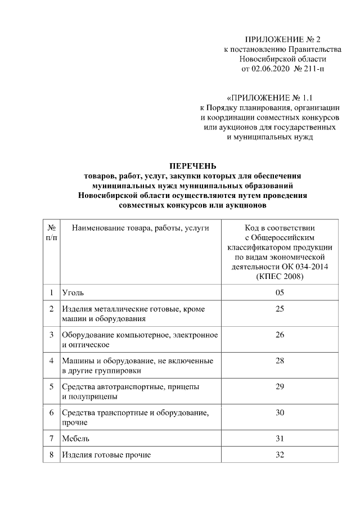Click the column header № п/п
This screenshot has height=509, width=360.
coord(51,233)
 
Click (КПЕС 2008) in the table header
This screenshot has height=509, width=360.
coord(280,277)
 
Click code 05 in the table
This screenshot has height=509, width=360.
coord(280,292)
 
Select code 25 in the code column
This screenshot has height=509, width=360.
coord(280,309)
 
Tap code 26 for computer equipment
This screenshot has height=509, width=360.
coord(280,335)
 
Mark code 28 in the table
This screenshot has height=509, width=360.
coord(280,361)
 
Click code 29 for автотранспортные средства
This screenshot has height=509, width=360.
coord(280,386)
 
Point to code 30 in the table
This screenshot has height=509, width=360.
coord(280,412)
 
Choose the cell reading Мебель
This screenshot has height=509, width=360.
coord(76,438)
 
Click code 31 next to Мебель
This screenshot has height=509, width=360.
coord(280,438)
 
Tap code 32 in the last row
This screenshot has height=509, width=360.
coord(280,454)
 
